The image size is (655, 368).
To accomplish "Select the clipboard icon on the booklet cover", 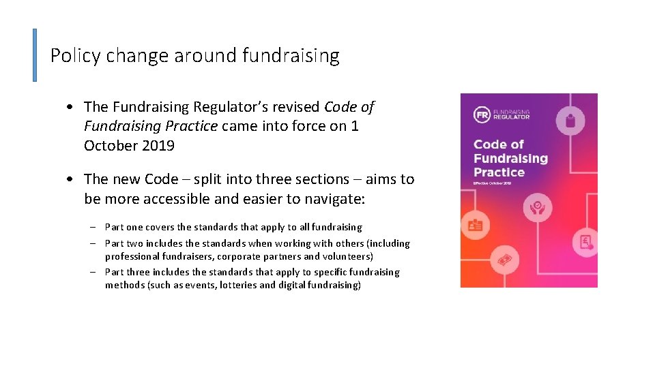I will (x=570, y=121).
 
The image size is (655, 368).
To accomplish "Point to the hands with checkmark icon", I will (x=538, y=206).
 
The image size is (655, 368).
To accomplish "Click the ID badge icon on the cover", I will (x=475, y=226).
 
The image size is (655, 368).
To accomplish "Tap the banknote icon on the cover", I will (x=506, y=260).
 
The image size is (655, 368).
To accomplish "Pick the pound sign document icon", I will (x=585, y=243).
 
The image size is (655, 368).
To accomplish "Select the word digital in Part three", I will (x=292, y=285).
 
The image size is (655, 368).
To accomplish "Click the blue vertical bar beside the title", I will (x=35, y=55).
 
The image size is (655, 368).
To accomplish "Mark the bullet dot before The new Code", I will (x=71, y=180).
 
